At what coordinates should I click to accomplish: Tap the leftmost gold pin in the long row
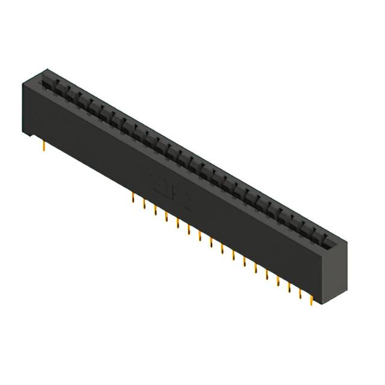133,198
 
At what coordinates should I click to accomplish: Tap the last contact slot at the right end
324,239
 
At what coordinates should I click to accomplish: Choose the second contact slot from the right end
313,232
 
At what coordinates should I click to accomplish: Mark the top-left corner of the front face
23,83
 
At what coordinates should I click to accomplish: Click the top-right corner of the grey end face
346,241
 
